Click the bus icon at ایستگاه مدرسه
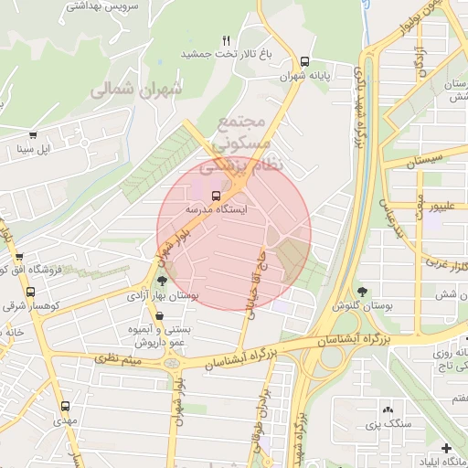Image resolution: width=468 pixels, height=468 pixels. click(217, 195)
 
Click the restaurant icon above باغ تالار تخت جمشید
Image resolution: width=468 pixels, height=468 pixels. click(226, 40)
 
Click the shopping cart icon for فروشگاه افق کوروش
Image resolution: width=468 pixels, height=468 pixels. click(19, 258)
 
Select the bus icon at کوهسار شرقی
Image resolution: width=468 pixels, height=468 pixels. click(30, 292)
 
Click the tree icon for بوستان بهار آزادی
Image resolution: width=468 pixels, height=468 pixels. click(162, 282)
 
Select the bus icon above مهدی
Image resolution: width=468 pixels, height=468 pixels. click(65, 406)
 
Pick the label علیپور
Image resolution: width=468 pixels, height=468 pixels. click(444, 207)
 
